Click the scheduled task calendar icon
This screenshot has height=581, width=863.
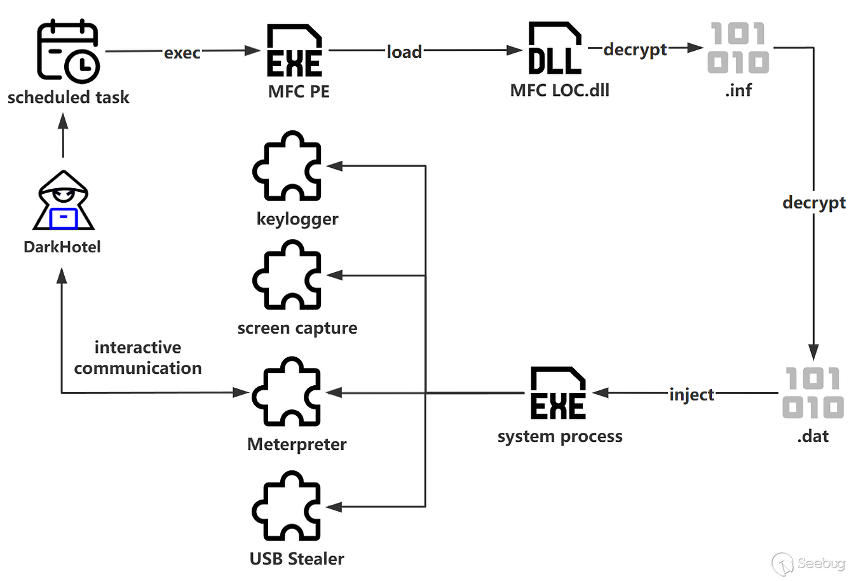click(x=68, y=51)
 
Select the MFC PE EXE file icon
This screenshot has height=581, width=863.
click(x=294, y=51)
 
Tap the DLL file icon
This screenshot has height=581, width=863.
click(x=555, y=48)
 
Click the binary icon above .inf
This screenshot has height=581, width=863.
click(x=738, y=48)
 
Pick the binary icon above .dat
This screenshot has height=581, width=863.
click(x=813, y=393)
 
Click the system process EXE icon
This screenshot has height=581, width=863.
click(x=558, y=393)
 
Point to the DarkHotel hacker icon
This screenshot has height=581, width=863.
click(x=64, y=200)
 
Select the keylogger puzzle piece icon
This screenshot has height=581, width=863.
click(x=288, y=167)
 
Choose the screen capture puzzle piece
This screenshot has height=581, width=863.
click(x=288, y=275)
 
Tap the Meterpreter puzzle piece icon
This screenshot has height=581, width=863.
click(x=287, y=392)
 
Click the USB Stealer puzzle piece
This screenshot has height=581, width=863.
click(x=287, y=507)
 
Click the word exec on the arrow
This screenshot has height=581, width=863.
click(x=182, y=53)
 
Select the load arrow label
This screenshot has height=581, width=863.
click(x=404, y=52)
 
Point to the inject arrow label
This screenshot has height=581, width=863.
click(x=691, y=394)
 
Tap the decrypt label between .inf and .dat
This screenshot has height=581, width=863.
click(x=813, y=203)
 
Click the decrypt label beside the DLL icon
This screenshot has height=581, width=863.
click(x=635, y=50)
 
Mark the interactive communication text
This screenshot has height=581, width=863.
click(x=138, y=358)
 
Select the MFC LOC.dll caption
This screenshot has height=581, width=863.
click(x=559, y=90)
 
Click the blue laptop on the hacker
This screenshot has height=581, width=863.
click(x=64, y=218)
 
